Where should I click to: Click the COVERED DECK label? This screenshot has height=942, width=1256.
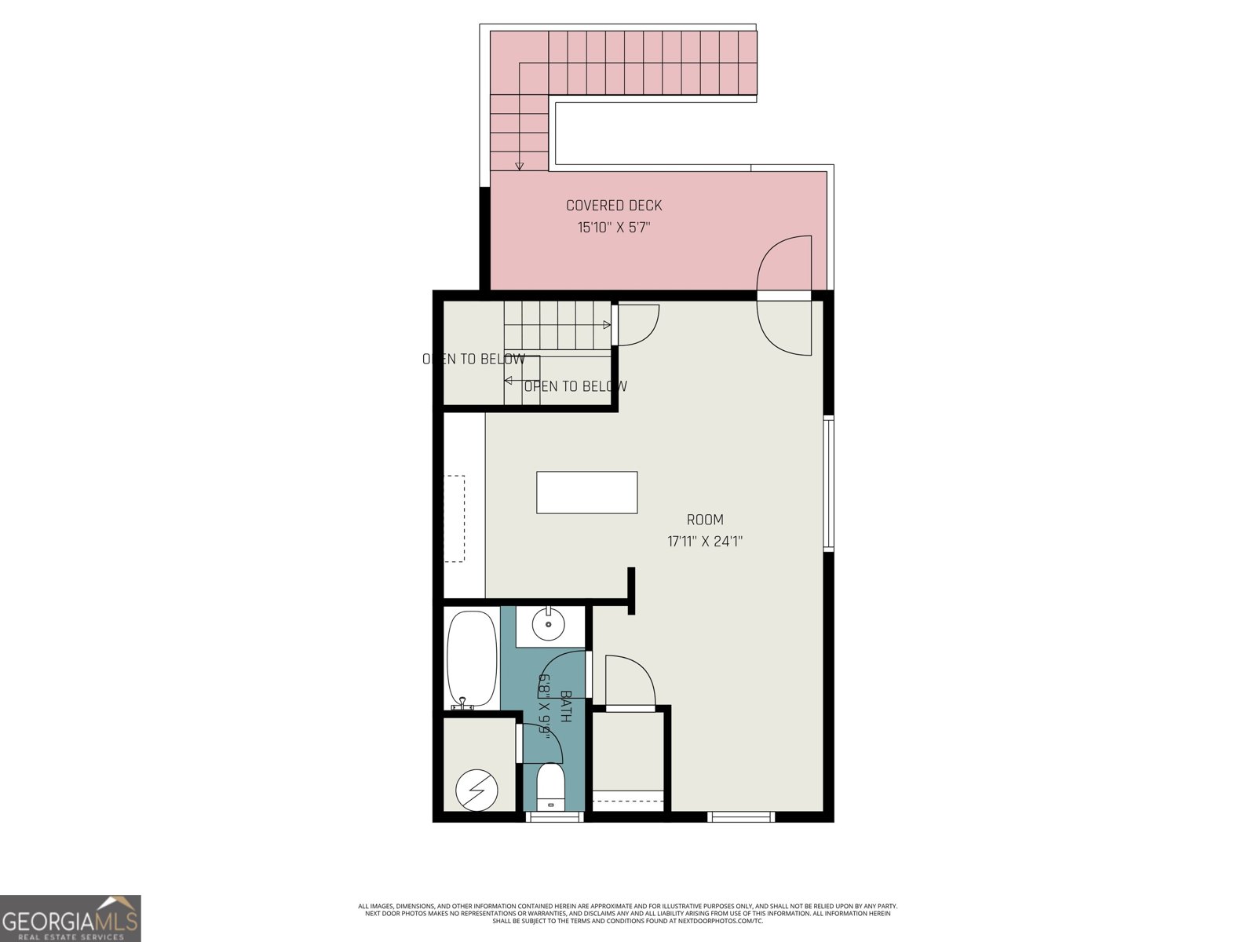pyautogui.click(x=614, y=206)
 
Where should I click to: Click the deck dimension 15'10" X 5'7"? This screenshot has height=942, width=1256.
pyautogui.click(x=614, y=228)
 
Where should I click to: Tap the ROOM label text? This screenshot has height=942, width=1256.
pyautogui.click(x=705, y=520)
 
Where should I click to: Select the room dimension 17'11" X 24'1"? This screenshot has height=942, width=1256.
pyautogui.click(x=705, y=541)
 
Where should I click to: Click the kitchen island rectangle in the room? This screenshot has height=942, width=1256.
pyautogui.click(x=586, y=492)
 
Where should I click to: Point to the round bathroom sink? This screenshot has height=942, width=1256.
pyautogui.click(x=547, y=626)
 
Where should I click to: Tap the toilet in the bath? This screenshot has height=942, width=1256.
pyautogui.click(x=551, y=787)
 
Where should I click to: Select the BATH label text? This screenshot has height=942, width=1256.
pyautogui.click(x=565, y=706)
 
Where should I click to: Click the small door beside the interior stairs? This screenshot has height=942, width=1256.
pyautogui.click(x=634, y=324)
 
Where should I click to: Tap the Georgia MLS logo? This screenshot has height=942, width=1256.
pyautogui.click(x=71, y=918)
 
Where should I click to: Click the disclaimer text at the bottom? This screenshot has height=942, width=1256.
pyautogui.click(x=628, y=913)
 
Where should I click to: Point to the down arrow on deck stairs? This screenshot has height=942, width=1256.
pyautogui.click(x=520, y=165)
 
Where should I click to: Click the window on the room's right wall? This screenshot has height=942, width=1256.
pyautogui.click(x=828, y=483)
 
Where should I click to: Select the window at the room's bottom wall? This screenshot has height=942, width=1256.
pyautogui.click(x=741, y=817)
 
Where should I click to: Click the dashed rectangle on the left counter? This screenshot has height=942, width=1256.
pyautogui.click(x=455, y=518)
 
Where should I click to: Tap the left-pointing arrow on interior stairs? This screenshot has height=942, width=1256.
pyautogui.click(x=509, y=381)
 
